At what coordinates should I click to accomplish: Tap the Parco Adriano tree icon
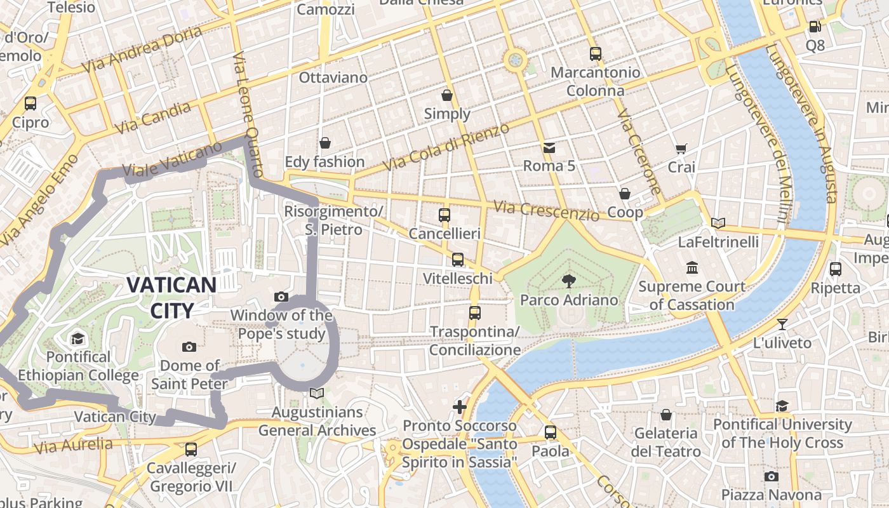tap(569, 281)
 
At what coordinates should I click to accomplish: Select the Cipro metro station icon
tap(30, 103)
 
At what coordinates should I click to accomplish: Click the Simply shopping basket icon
tap(447, 95)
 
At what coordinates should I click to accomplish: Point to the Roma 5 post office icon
tap(549, 148)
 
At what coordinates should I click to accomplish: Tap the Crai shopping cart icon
tap(681, 149)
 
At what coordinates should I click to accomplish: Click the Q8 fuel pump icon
tap(815, 27)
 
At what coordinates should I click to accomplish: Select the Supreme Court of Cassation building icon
tap(692, 267)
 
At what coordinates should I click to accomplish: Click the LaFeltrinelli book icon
tap(718, 223)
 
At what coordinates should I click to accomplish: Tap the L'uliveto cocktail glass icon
tap(782, 324)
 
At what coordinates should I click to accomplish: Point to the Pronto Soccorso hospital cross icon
tap(460, 406)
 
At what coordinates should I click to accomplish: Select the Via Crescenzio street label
tap(546, 211)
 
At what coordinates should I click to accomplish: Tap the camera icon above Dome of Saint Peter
tap(189, 347)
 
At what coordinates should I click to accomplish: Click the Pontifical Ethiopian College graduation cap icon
tap(77, 338)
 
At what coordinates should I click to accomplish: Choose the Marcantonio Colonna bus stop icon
tap(595, 54)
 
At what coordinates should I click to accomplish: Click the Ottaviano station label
tap(333, 77)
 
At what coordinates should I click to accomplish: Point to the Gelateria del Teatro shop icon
tap(665, 415)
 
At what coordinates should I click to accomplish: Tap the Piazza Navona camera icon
tap(771, 476)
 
